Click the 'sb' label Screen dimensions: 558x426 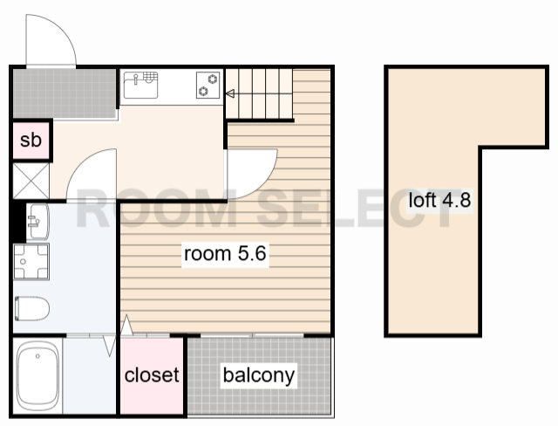pos(31,140)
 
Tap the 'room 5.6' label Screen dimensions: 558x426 pos(225,254)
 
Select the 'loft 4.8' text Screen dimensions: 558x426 pos(439,200)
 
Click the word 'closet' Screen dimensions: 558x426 pos(152,374)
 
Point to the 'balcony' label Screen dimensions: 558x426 pos(259,375)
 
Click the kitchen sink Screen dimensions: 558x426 pos(140,85)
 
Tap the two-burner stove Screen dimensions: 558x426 pos(208,85)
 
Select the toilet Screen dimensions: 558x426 pos(31,308)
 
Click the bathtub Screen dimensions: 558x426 pos(37,376)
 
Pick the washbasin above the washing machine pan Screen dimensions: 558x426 pos(37,221)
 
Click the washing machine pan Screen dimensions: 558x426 pos(31,262)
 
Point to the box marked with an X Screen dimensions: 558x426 pos(31,181)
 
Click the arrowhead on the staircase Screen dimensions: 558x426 pos(230,93)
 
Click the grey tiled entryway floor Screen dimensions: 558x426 pos(65,93)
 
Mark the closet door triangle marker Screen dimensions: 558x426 pos(126,326)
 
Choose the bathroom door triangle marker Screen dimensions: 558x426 pos(110,346)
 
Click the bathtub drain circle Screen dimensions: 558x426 pos(37,356)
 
